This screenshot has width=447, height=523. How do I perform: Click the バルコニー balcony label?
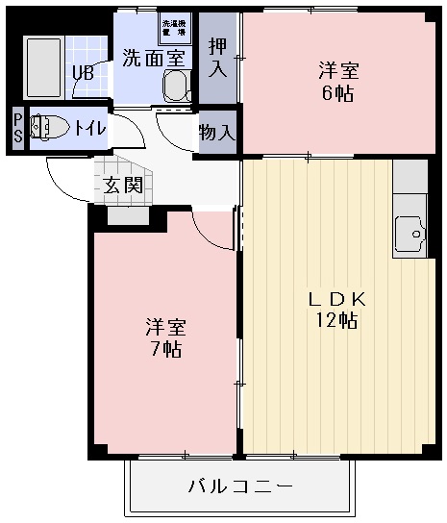click(239, 487)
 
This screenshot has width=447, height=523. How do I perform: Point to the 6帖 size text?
click(338, 93)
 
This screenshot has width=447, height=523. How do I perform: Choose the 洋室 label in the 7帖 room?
click(164, 325)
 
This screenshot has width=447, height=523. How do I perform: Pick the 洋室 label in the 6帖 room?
click(338, 70)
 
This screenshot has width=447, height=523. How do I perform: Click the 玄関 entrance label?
click(124, 184)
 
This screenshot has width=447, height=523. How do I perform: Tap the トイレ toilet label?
click(90, 126)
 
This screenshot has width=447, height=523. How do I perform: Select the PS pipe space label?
click(17, 126)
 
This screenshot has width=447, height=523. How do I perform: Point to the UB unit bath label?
click(83, 71)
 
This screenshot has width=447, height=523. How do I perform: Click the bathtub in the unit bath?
click(42, 65)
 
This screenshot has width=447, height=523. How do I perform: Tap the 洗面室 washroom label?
click(152, 57)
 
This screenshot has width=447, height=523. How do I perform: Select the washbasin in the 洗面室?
click(176, 87)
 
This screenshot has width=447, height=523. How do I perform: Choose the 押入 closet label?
click(217, 58)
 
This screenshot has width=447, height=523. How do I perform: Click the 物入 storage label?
click(217, 133)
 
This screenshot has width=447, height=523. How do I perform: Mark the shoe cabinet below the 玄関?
click(128, 214)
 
